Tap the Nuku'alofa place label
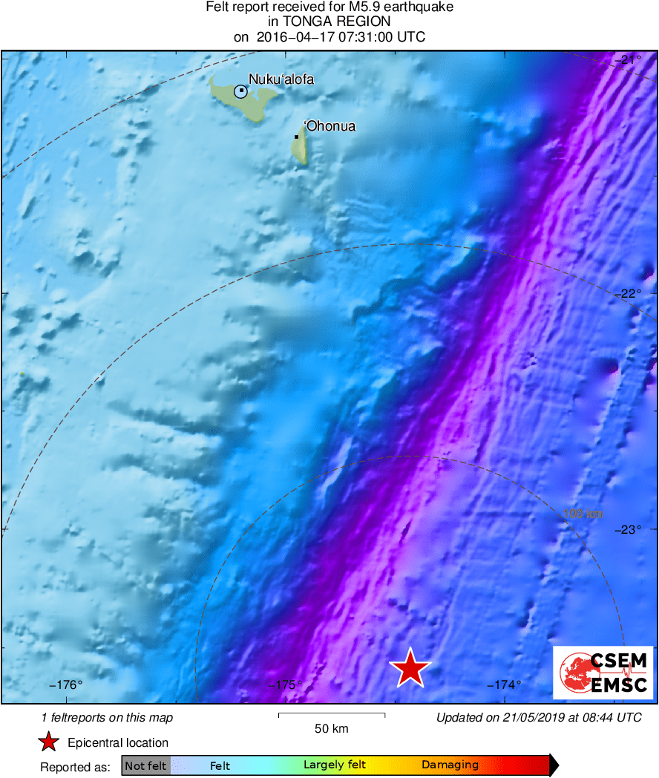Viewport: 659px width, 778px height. tap(281, 79)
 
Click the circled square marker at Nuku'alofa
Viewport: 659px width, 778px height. tap(240, 91)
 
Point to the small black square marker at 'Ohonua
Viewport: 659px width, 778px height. tap(297, 137)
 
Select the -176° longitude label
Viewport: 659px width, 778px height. tap(67, 685)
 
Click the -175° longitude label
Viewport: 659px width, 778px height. tap(286, 685)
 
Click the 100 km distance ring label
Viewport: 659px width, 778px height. tap(582, 514)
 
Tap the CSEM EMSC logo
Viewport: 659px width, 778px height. tap(603, 673)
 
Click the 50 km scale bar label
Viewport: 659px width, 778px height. tap(331, 728)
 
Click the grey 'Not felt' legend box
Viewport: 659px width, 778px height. tap(145, 765)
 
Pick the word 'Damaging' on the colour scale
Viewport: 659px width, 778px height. tap(450, 765)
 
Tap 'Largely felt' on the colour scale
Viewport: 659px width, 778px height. tap(335, 765)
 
